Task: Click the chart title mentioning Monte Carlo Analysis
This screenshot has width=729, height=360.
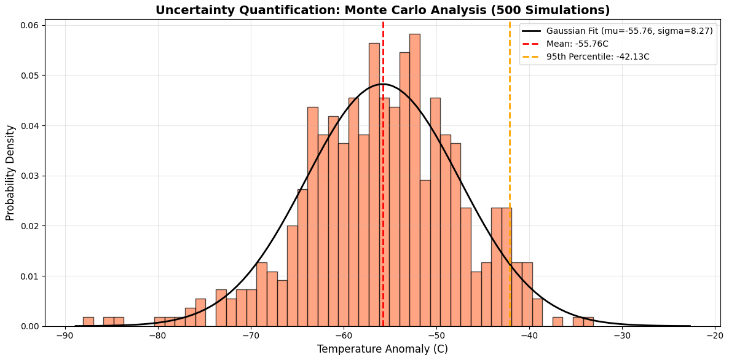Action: [x=382, y=10]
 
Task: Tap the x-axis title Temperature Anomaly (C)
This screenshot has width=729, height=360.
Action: [x=382, y=350]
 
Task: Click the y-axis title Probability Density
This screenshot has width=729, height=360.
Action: [x=10, y=173]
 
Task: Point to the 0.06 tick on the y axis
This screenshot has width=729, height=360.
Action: [x=30, y=25]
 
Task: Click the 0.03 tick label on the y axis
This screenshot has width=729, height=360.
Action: [x=30, y=176]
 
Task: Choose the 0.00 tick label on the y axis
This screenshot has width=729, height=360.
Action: [x=30, y=326]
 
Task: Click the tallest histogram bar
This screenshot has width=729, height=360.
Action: [x=415, y=184]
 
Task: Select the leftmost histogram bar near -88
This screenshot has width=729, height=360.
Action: [x=89, y=322]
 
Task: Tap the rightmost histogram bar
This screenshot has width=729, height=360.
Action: [x=588, y=322]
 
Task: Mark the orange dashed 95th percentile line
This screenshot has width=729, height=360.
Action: [x=510, y=123]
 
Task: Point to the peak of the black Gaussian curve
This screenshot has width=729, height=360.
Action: [x=382, y=84]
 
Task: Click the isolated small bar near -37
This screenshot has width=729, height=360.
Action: [x=558, y=322]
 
